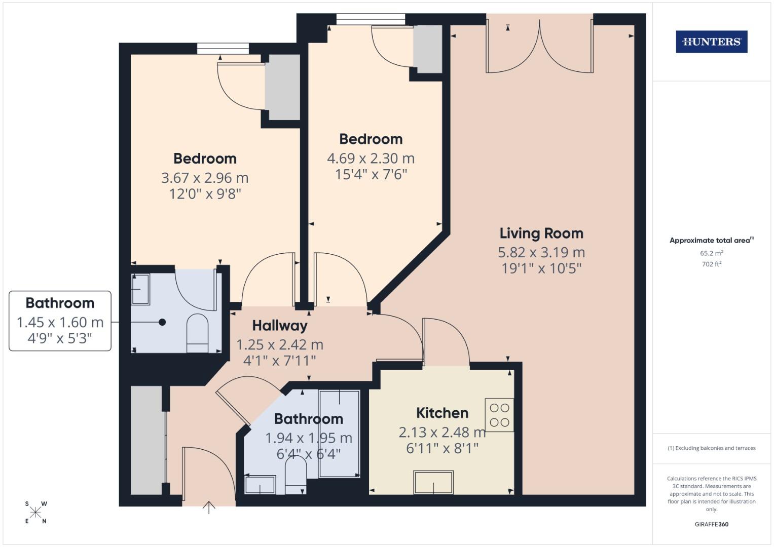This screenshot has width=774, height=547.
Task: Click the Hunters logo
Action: (711, 42)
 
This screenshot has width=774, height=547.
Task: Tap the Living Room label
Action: (541, 233)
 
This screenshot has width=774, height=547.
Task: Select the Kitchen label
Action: (442, 413)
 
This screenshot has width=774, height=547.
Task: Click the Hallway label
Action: (280, 326)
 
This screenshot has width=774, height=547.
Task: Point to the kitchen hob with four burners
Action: (499, 415)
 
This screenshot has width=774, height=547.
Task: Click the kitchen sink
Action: (433, 482)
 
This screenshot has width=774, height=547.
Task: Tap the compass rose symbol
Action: (35, 513)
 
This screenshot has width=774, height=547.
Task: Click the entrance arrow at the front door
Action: (209, 506)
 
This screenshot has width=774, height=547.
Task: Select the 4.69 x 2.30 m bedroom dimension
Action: (371, 159)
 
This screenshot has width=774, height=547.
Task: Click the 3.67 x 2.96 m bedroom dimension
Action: (205, 178)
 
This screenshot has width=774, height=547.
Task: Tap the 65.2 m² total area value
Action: (711, 253)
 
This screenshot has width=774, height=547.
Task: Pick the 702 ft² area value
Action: (711, 264)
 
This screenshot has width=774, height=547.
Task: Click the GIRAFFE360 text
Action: (711, 524)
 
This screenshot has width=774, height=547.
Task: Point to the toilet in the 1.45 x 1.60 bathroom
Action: (198, 332)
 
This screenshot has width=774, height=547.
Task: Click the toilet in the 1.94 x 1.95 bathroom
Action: (296, 475)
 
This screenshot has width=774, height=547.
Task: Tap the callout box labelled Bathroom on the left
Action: (60, 321)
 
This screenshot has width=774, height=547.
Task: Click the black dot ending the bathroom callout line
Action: (162, 322)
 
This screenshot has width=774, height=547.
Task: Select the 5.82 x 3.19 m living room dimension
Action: (541, 252)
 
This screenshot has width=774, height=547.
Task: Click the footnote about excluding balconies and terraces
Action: (711, 448)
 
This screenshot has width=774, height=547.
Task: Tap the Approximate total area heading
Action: (711, 241)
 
